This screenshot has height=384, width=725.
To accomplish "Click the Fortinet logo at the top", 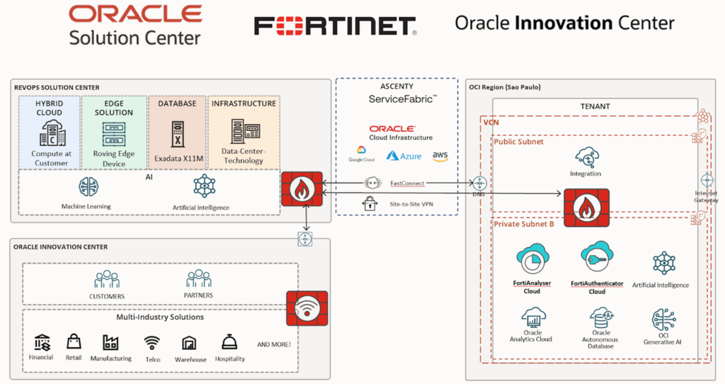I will point(335,26).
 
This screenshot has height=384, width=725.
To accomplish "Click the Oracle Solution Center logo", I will point(135,25).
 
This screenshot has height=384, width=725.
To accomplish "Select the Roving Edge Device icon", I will point(114,132).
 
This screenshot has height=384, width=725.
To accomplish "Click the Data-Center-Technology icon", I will point(243,132).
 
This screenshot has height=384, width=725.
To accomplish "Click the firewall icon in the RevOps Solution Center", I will point(302,188).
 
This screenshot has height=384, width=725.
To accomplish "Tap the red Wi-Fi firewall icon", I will point(307,307).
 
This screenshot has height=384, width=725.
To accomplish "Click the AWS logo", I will point(440,155).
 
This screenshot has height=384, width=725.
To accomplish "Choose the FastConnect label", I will point(407,183).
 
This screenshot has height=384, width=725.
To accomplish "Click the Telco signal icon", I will point(152,344).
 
